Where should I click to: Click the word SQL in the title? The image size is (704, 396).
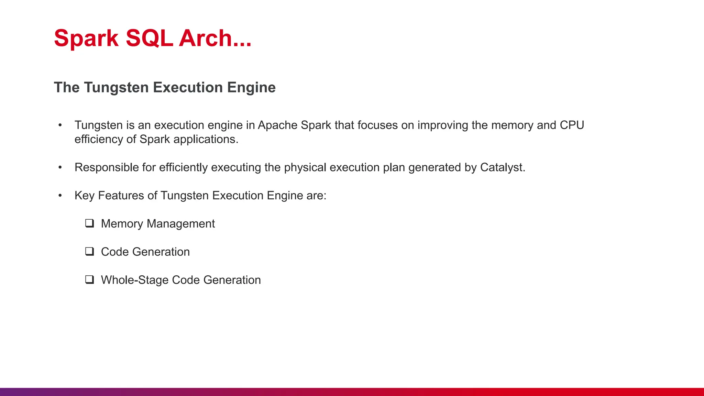[x=149, y=38]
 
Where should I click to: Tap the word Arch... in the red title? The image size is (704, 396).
[x=215, y=38]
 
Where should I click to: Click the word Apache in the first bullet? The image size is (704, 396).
[x=277, y=125]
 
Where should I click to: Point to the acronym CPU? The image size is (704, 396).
[x=572, y=125]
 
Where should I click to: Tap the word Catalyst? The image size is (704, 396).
[x=503, y=167]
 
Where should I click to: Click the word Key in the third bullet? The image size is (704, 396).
[x=85, y=196]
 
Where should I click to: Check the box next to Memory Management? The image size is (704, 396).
[x=90, y=223]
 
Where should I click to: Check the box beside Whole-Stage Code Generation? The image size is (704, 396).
[x=90, y=280]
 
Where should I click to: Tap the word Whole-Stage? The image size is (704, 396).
[x=134, y=280]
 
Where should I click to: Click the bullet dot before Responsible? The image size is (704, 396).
[x=60, y=167]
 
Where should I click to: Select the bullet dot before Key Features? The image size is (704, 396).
[x=60, y=196]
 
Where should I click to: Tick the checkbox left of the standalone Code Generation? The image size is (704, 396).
[x=90, y=252]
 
